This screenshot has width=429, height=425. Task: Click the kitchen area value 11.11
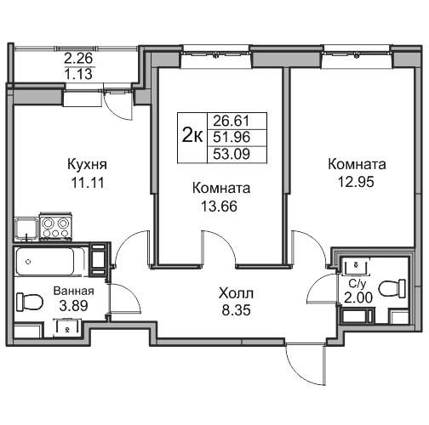click(x=88, y=183)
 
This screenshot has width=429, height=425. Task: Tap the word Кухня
click(x=87, y=165)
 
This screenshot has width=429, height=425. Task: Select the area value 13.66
click(x=219, y=207)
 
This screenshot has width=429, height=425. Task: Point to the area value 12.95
click(x=356, y=182)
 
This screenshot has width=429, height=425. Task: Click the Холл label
click(x=236, y=293)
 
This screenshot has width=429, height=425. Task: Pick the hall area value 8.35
click(x=236, y=310)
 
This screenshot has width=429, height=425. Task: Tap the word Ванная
click(x=74, y=291)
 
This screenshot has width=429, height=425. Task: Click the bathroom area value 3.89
click(x=74, y=305)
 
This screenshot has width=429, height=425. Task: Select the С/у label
click(x=357, y=284)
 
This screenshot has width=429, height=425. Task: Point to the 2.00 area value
click(x=358, y=297)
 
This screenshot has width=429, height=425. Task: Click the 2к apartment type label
click(x=192, y=135)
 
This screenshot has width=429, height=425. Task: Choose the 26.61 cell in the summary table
click(x=232, y=121)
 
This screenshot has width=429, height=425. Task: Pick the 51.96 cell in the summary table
click(x=232, y=138)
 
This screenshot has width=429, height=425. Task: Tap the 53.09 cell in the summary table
click(x=232, y=155)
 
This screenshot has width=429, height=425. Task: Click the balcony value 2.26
click(x=78, y=59)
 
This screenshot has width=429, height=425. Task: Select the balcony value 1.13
click(x=78, y=74)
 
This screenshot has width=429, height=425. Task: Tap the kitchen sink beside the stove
click(x=26, y=229)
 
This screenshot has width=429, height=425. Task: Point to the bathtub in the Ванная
click(x=50, y=261)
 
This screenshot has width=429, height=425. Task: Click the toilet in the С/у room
click(x=392, y=288)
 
